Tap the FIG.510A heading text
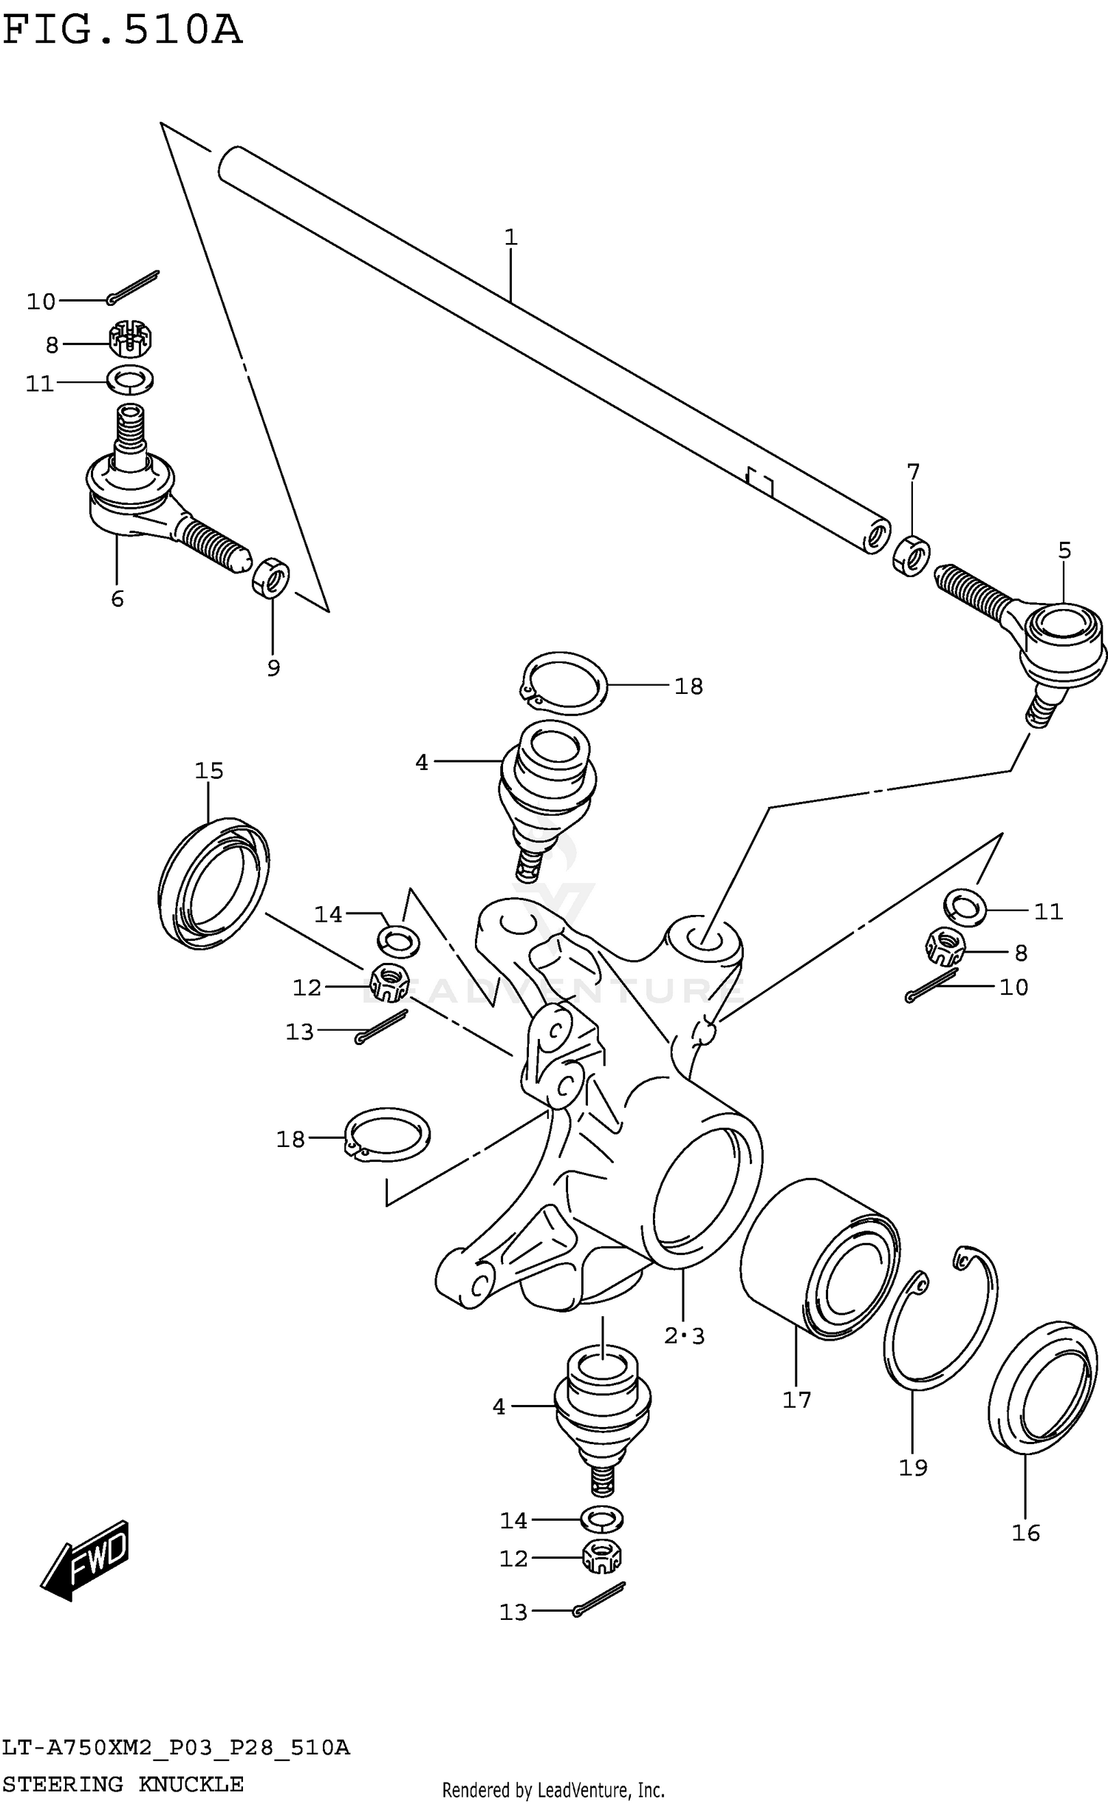click(x=122, y=31)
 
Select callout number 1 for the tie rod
click(x=510, y=238)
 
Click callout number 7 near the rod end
click(x=913, y=472)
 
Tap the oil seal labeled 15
click(x=213, y=883)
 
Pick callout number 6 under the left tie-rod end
click(x=117, y=599)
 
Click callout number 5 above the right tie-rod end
click(x=1064, y=550)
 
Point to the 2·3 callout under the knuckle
click(x=684, y=1336)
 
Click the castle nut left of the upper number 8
click(x=131, y=340)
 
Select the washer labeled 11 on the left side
click(x=130, y=380)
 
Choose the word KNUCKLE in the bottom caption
click(x=191, y=1783)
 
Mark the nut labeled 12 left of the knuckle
click(x=389, y=983)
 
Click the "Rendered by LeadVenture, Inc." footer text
click(x=553, y=1790)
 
